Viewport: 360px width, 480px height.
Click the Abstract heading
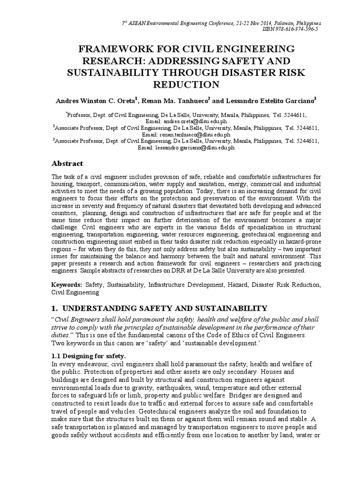67,164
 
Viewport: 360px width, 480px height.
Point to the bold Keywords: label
67,285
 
